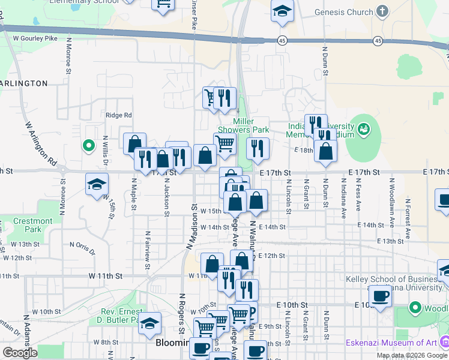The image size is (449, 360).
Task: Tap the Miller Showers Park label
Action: [x=243, y=125]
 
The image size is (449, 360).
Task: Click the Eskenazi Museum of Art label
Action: [x=391, y=343]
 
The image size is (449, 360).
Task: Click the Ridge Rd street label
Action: [x=118, y=115]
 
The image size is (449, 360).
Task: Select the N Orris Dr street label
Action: [x=82, y=245]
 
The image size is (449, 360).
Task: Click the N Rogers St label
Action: [x=181, y=313]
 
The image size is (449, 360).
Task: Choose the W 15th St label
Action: [x=211, y=211]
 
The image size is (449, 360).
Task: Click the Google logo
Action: [x=19, y=353]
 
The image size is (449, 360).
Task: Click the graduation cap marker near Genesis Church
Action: [x=282, y=12]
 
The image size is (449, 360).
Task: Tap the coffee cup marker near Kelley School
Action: [x=380, y=296]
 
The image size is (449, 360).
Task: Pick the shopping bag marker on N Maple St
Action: [x=135, y=143]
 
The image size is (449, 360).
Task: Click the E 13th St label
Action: [x=390, y=241]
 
